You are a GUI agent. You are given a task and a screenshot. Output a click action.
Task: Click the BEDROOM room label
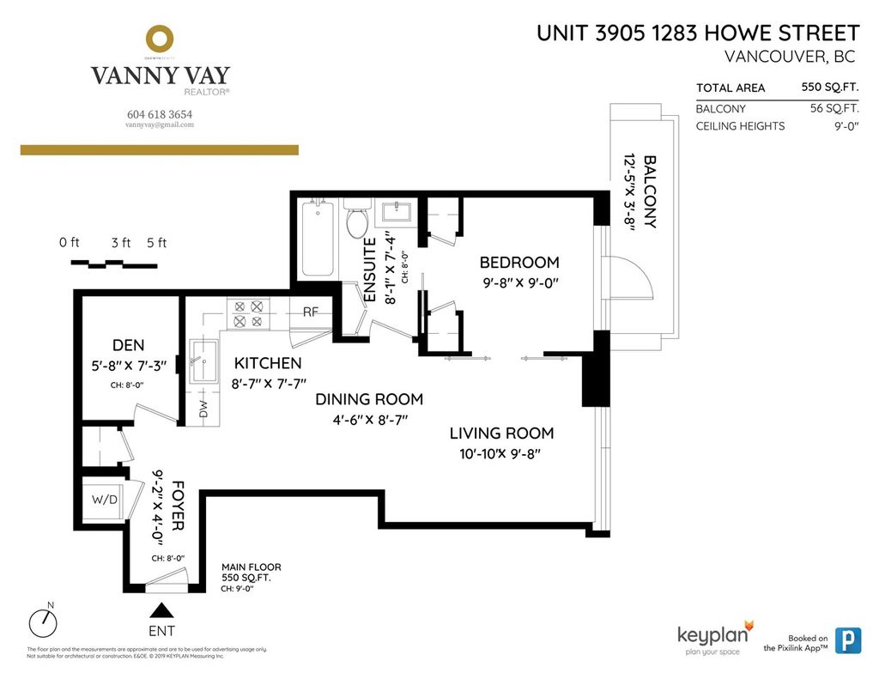[x=518, y=263]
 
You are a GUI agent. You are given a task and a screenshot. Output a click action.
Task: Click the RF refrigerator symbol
[x=311, y=312]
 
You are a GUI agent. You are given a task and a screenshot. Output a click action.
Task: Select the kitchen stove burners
[x=248, y=313]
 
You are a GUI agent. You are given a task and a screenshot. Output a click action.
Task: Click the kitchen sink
[x=204, y=361]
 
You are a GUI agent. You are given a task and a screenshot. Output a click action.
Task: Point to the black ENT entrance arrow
[x=162, y=610]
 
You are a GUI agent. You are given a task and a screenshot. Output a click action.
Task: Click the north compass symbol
[x=41, y=621]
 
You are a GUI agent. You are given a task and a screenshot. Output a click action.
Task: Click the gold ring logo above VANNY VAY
[x=160, y=39]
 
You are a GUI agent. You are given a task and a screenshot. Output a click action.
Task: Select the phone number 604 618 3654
[x=160, y=113]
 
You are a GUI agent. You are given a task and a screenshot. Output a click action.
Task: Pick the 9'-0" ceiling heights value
[x=843, y=126]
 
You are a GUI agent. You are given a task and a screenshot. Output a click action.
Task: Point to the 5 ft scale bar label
[x=156, y=243]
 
